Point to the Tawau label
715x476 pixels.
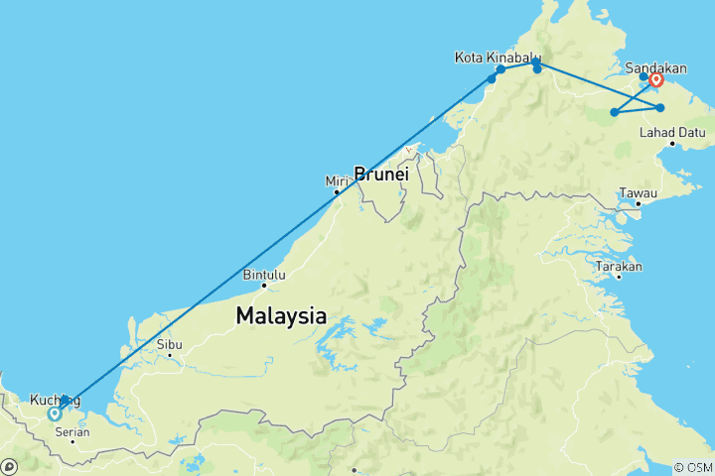click(638, 191)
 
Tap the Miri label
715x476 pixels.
click(332, 180)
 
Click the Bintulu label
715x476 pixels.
click(263, 275)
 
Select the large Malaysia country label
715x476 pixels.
click(281, 316)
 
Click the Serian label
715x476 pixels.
click(74, 431)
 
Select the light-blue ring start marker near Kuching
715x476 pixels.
click(54, 415)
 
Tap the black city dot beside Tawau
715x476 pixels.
click(638, 204)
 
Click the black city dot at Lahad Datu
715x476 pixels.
click(672, 144)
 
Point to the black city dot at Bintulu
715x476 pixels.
click(264, 287)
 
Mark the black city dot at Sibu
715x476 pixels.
click(170, 354)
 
